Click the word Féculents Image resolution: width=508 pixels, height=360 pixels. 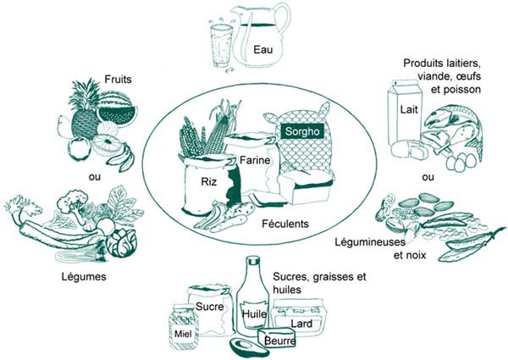pyautogui.click(x=284, y=224)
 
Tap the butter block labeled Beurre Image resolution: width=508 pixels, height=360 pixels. pyautogui.click(x=279, y=341)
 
